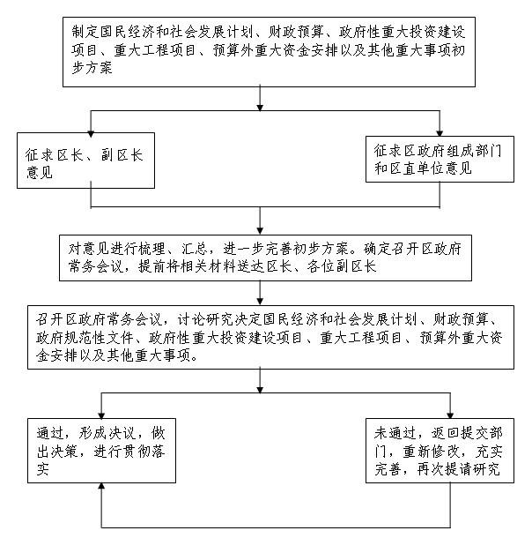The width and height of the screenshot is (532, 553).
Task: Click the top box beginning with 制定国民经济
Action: point(258,52)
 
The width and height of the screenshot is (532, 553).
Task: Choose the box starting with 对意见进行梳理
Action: point(258,256)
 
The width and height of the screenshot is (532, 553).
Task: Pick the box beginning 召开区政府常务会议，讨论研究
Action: point(258,338)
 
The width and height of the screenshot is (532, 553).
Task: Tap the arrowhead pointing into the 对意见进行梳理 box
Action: point(259,227)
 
